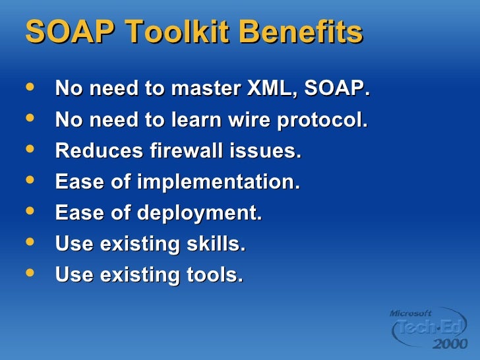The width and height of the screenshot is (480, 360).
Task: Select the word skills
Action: (214, 245)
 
